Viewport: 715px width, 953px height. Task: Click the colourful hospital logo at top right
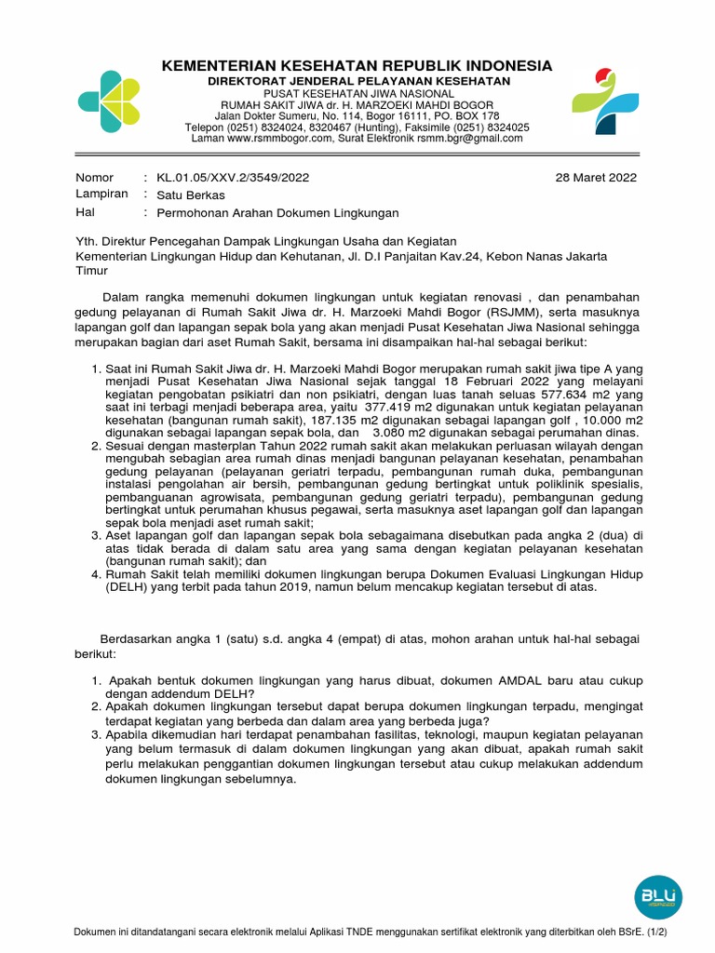pos(605,101)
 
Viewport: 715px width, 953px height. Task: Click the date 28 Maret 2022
pos(596,178)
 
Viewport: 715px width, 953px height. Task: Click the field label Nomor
pos(94,178)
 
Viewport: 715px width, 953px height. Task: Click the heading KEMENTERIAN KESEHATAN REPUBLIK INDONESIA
pos(357,66)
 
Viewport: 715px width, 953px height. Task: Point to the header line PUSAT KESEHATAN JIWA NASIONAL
pos(357,94)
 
